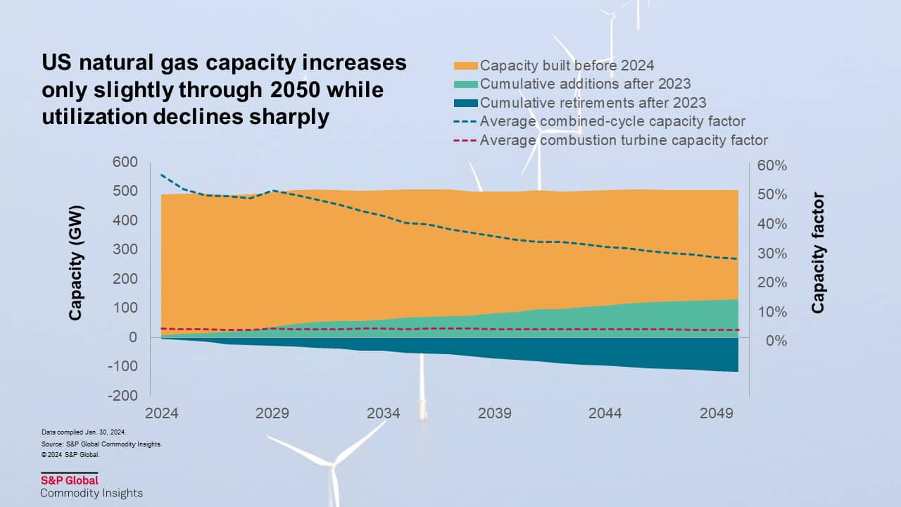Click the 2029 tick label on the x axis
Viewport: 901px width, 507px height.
tap(272, 413)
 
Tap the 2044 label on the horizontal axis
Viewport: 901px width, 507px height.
tap(606, 413)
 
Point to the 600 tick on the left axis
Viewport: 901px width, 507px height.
tap(124, 162)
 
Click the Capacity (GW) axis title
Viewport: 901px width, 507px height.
tap(76, 263)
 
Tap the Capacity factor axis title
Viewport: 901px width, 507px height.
tap(818, 253)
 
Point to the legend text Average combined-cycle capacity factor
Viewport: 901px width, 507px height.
tap(612, 121)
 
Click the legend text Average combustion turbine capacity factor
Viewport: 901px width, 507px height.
tap(624, 140)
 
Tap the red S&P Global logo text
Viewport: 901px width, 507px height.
tap(70, 481)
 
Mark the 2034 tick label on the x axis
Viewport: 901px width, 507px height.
tap(384, 413)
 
